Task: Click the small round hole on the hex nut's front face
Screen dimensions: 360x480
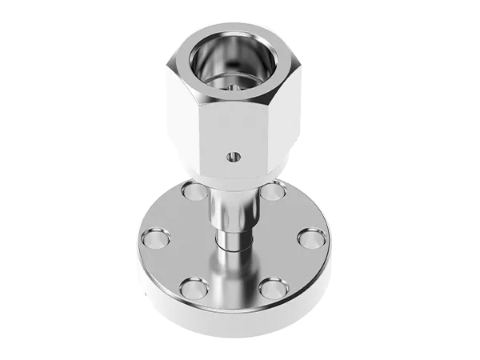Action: pos(233,156)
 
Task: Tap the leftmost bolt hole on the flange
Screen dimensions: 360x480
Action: pos(156,238)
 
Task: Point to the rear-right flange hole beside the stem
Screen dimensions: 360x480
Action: pos(273,192)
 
